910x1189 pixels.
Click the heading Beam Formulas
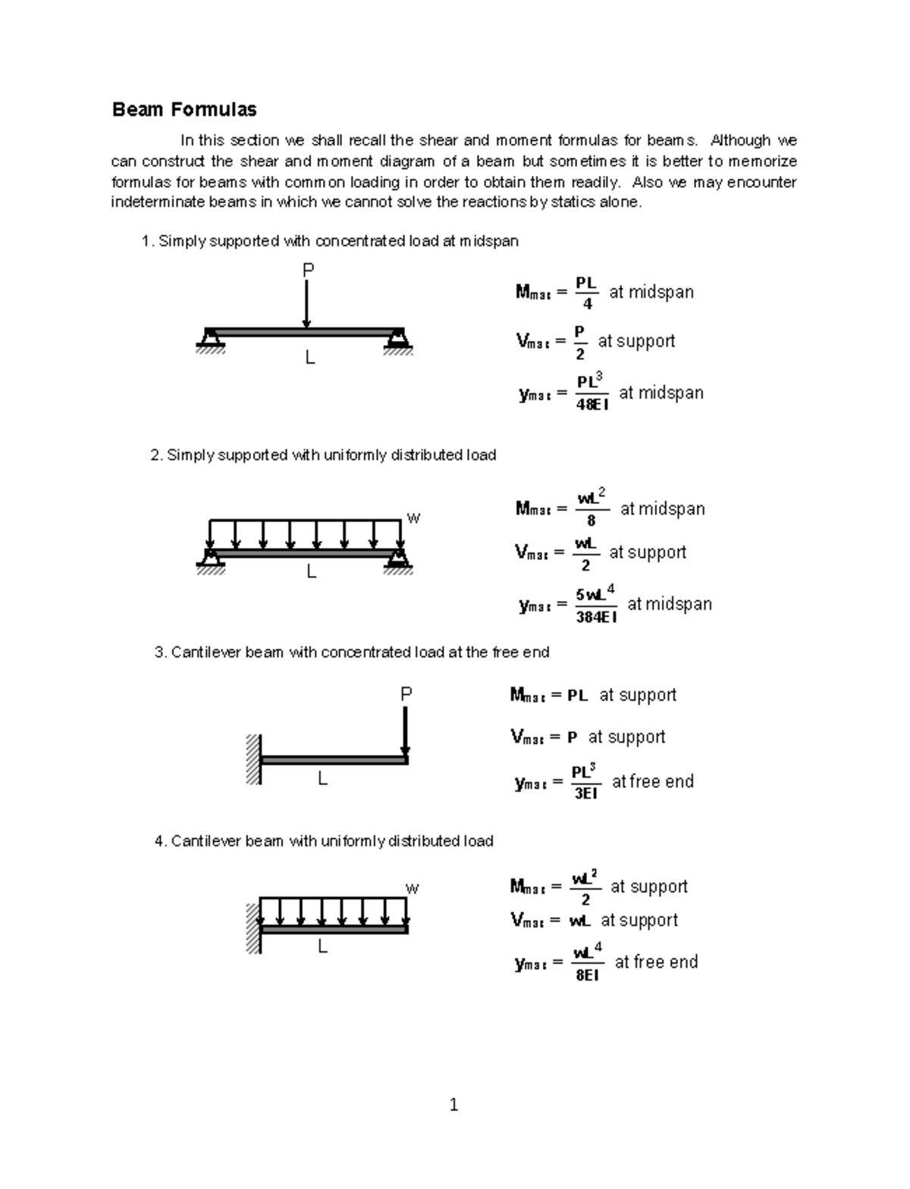coord(184,110)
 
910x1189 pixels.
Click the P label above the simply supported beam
coord(308,270)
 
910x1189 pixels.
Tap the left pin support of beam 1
coord(210,339)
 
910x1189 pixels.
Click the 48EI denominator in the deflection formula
coord(591,405)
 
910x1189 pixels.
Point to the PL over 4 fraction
coord(586,293)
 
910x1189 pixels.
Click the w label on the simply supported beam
coord(413,518)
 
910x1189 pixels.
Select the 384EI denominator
coord(596,617)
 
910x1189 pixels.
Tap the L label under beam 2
coord(311,573)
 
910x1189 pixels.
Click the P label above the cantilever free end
coord(406,693)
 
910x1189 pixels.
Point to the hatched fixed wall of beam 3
coord(253,759)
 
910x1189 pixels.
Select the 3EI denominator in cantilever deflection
coord(585,793)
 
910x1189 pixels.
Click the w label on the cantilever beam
coord(413,888)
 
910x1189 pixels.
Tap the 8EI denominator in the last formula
coord(587,975)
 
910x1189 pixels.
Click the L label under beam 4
coord(322,947)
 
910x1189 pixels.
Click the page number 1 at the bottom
coord(453,1105)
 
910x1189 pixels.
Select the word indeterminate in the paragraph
coord(158,202)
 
